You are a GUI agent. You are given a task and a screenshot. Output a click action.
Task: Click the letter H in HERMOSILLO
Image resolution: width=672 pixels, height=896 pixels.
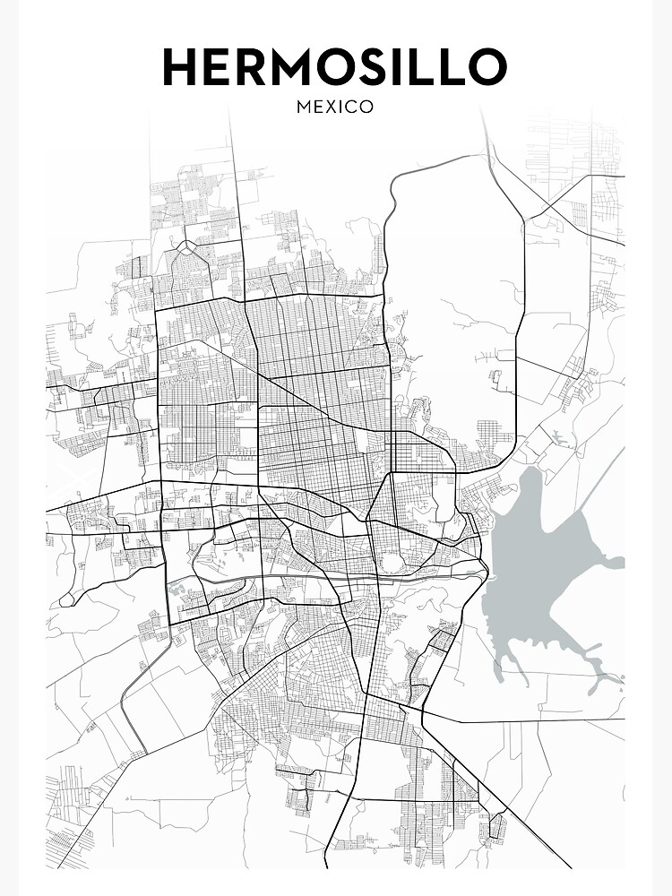[x=182, y=68]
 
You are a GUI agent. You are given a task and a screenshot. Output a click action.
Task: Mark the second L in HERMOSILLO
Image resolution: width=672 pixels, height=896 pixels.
[x=460, y=68]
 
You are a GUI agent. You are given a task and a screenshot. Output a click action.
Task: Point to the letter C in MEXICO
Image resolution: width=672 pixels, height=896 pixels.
[x=350, y=107]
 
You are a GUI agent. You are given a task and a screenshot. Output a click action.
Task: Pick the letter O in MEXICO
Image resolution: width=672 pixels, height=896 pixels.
[x=366, y=107]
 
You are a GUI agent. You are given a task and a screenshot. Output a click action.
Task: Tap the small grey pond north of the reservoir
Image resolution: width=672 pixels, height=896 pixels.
[x=560, y=438]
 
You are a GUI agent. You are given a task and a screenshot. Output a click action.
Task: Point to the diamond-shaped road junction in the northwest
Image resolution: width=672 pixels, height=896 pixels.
[x=185, y=247]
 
